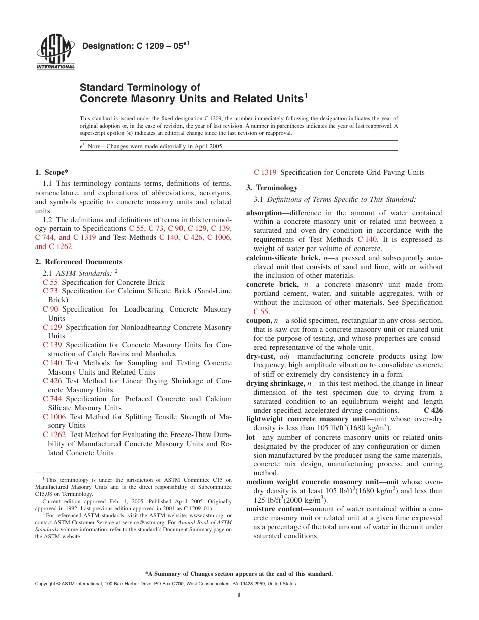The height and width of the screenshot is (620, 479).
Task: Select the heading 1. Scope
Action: [x=51, y=172]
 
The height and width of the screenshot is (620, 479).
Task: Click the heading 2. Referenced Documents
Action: [x=79, y=262]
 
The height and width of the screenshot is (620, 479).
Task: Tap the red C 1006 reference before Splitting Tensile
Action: [x=54, y=417]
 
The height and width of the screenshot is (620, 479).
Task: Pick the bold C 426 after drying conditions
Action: [x=433, y=410]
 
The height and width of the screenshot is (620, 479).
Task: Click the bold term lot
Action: [x=250, y=437]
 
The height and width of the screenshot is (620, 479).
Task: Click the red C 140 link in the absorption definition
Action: [x=367, y=239]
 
